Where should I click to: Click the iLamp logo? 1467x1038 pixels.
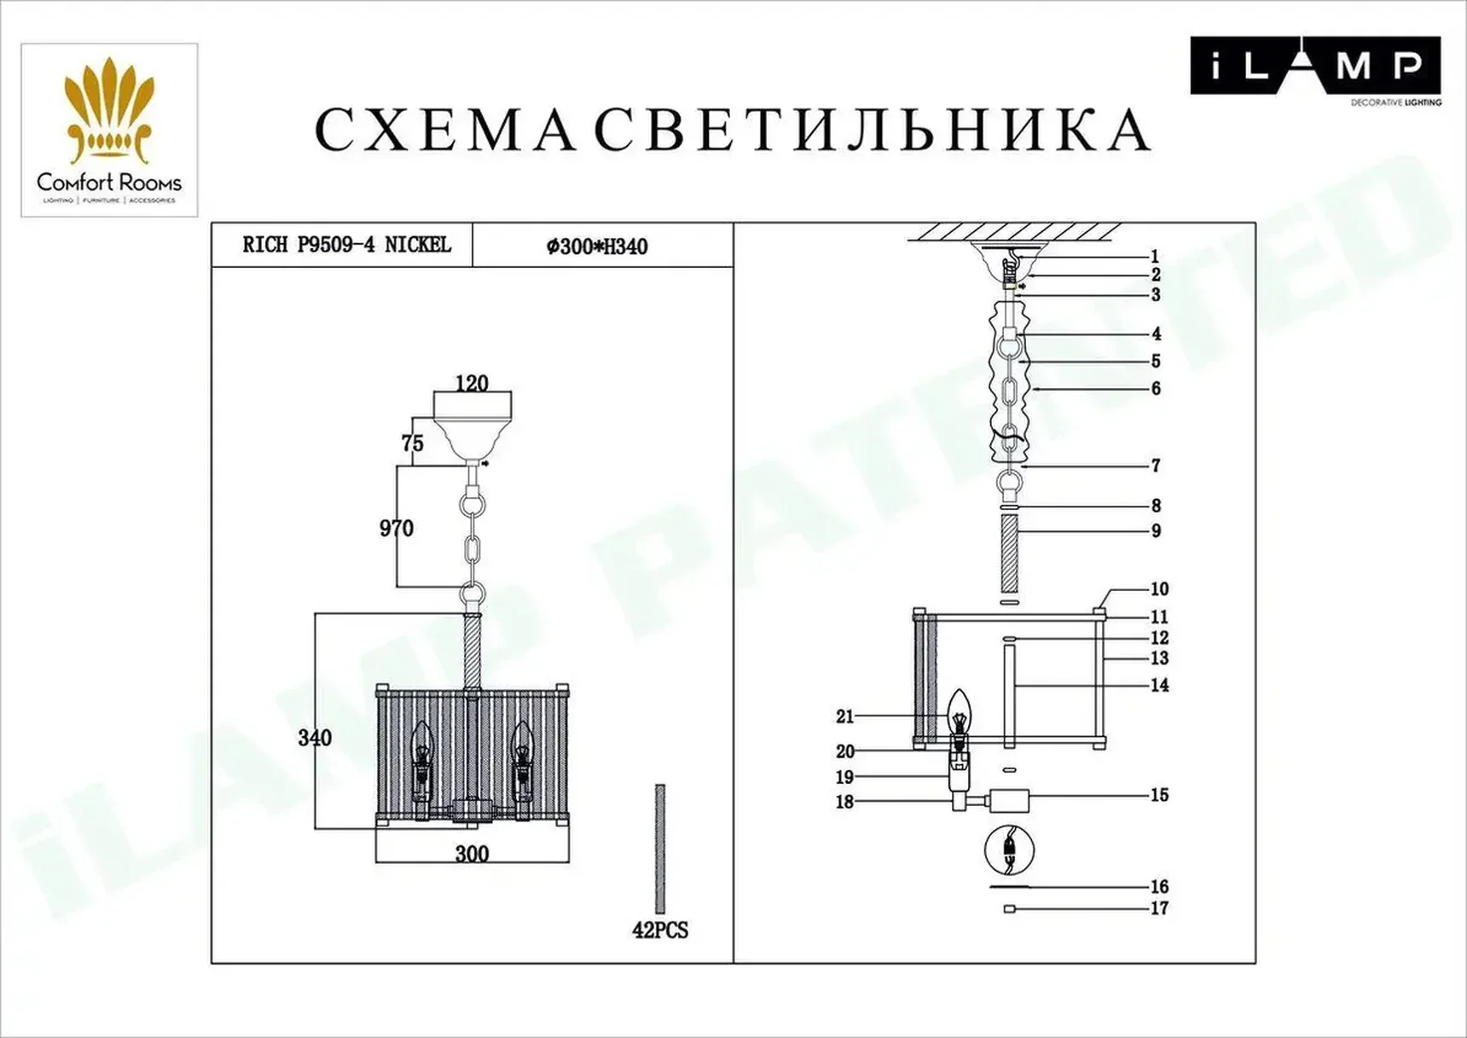pyautogui.click(x=1314, y=67)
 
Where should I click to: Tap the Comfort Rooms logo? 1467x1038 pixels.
pyautogui.click(x=109, y=130)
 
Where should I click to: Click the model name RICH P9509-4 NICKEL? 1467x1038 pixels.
pyautogui.click(x=345, y=246)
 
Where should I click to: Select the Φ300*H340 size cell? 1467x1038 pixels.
pyautogui.click(x=597, y=246)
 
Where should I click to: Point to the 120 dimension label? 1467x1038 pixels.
pyautogui.click(x=472, y=384)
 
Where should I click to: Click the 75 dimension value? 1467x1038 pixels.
pyautogui.click(x=412, y=444)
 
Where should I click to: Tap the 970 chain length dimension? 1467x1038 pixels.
pyautogui.click(x=396, y=529)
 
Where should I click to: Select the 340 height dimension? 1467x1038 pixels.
pyautogui.click(x=315, y=738)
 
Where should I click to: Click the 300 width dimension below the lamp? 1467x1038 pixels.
pyautogui.click(x=472, y=854)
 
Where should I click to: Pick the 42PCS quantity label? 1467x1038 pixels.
pyautogui.click(x=659, y=931)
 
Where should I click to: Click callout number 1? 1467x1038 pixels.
pyautogui.click(x=1155, y=257)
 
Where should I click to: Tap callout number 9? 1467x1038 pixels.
pyautogui.click(x=1156, y=531)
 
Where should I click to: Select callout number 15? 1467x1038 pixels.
pyautogui.click(x=1159, y=795)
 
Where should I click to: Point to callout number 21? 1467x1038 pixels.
pyautogui.click(x=844, y=717)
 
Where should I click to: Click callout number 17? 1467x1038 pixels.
pyautogui.click(x=1159, y=908)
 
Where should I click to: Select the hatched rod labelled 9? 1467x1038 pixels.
pyautogui.click(x=1009, y=554)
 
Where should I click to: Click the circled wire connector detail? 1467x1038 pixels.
pyautogui.click(x=1009, y=850)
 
